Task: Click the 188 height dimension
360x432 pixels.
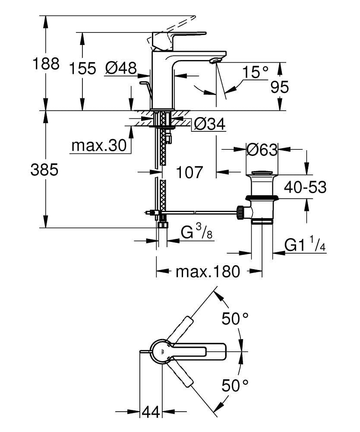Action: click(46, 64)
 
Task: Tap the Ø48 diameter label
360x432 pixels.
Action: click(121, 68)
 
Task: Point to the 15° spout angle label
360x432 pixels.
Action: click(255, 72)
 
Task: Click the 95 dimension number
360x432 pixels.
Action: click(279, 87)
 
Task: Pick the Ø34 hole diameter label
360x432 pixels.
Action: click(209, 125)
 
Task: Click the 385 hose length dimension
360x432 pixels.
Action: click(44, 170)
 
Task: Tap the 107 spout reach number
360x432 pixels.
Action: click(189, 172)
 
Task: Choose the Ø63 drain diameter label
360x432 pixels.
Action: click(261, 150)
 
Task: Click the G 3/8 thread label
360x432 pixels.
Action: click(196, 233)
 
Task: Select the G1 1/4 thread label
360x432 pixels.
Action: click(304, 245)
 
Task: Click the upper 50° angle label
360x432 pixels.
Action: click(235, 319)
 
